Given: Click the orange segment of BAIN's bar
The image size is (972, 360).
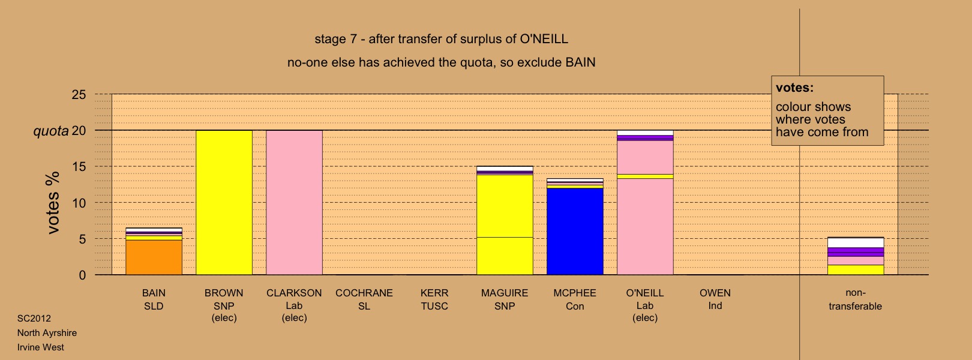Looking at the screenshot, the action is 154,257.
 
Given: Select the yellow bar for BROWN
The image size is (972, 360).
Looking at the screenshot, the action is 224,203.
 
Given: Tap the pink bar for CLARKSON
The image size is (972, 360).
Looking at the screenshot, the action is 294,203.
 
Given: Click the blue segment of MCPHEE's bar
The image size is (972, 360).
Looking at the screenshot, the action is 575,231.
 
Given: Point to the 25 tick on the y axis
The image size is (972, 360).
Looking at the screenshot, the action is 79,95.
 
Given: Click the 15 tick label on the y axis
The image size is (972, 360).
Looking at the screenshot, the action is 79,167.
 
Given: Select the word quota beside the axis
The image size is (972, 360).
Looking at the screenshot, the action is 51,131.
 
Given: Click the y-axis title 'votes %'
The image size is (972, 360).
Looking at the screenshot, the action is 53,203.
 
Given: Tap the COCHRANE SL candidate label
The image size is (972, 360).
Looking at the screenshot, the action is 364,299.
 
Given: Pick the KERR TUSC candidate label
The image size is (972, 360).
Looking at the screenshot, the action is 434,299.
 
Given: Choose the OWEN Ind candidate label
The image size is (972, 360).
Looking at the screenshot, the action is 715,299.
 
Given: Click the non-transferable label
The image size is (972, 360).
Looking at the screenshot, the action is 855,299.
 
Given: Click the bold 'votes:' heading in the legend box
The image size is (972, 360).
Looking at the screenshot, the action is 794,88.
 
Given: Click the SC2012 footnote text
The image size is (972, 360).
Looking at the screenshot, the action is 34,319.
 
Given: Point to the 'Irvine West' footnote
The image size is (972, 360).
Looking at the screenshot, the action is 41,347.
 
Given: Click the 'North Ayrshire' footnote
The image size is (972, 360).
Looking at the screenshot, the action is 47,333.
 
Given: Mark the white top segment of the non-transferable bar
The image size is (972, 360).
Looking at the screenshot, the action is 856,243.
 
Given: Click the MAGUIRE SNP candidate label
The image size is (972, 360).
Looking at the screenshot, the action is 505,299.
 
